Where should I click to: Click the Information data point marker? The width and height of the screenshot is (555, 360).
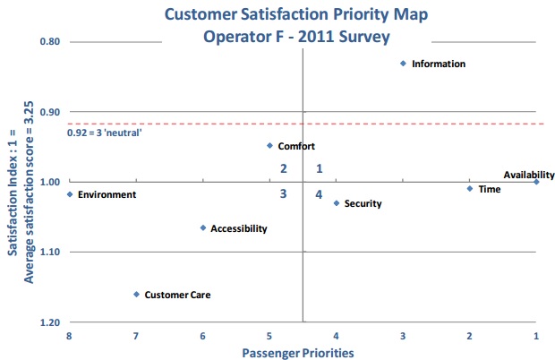(x=403, y=64)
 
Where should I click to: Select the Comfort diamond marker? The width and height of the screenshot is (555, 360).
(x=269, y=145)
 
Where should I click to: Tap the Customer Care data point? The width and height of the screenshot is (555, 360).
(x=136, y=294)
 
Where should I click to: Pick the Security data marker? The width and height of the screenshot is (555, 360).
(x=337, y=203)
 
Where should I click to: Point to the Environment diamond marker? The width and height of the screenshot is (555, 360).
(x=70, y=194)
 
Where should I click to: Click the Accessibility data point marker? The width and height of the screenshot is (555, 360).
(x=203, y=227)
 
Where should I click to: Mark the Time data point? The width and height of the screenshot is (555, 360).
(x=470, y=188)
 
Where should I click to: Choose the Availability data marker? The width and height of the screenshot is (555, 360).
(x=536, y=182)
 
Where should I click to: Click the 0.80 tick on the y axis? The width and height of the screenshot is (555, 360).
(x=49, y=42)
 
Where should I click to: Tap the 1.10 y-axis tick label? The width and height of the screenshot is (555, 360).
(x=49, y=252)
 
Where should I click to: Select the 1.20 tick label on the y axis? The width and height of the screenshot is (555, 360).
(x=49, y=321)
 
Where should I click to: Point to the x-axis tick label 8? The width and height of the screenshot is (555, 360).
(x=69, y=336)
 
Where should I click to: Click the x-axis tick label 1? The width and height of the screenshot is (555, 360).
(x=536, y=336)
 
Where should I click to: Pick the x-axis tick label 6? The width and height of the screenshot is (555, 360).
(x=202, y=336)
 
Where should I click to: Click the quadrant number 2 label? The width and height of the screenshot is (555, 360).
(x=284, y=168)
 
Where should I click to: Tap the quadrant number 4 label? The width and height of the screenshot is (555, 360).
(x=319, y=194)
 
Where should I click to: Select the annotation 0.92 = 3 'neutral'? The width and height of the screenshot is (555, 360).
(x=105, y=133)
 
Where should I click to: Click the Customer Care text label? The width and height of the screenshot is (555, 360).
(x=178, y=295)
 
